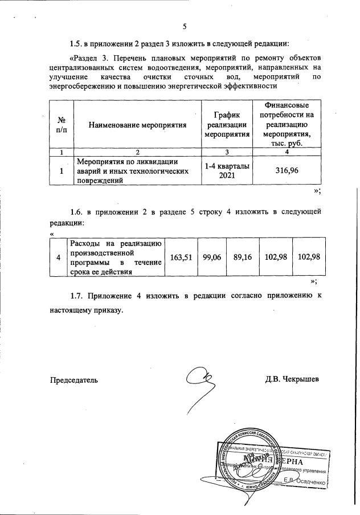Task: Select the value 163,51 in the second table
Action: [x=180, y=257]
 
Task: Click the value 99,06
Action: [x=212, y=257]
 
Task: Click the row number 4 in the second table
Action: [x=59, y=257]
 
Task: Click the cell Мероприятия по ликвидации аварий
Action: [x=132, y=170]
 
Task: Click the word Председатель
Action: [x=74, y=379]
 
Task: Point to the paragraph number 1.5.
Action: [x=76, y=43]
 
